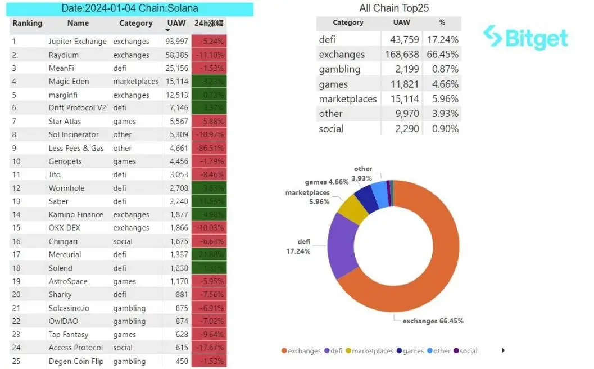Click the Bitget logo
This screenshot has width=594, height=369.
(x=525, y=38)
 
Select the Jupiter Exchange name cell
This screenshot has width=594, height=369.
(x=78, y=42)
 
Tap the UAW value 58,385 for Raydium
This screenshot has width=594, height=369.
(x=176, y=55)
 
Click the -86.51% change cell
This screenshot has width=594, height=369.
(x=209, y=148)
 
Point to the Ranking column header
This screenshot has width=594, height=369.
(x=28, y=24)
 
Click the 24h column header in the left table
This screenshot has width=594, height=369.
(x=208, y=24)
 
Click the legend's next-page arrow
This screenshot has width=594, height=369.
(x=503, y=350)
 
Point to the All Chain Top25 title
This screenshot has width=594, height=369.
(x=394, y=8)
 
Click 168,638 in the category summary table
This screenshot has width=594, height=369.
(x=401, y=55)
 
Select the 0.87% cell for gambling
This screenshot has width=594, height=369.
(x=442, y=69)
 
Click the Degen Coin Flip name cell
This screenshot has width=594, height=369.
(x=76, y=361)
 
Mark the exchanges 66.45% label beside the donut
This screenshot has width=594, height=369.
(x=433, y=321)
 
